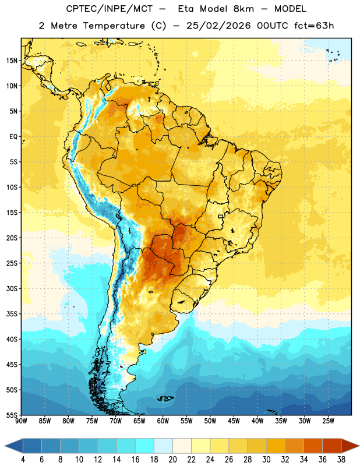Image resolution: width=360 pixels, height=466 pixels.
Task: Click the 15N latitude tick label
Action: (12, 61)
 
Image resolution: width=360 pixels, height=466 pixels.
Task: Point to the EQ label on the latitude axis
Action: (13, 137)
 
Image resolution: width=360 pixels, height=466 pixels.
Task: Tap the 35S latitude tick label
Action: (12, 314)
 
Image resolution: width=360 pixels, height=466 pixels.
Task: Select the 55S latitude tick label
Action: (12, 415)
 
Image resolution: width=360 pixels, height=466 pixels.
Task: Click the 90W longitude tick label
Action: (21, 421)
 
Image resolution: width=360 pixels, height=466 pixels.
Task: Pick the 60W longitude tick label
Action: (163, 421)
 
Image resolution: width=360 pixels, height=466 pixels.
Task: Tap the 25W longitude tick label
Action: (328, 421)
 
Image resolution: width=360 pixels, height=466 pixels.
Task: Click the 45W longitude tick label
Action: (234, 421)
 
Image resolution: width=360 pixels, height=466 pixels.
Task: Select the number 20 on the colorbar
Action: (172, 460)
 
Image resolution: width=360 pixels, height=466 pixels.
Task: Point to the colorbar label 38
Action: (341, 460)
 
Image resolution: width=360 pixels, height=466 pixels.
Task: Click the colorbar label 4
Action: (23, 460)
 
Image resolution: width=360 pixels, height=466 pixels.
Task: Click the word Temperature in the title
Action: (114, 26)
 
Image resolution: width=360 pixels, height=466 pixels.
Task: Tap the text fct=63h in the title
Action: (314, 26)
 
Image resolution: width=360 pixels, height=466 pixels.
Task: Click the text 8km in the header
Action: (243, 9)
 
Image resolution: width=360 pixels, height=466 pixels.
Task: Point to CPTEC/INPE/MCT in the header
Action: (110, 9)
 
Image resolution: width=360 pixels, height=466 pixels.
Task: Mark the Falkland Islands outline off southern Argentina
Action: (165, 398)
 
